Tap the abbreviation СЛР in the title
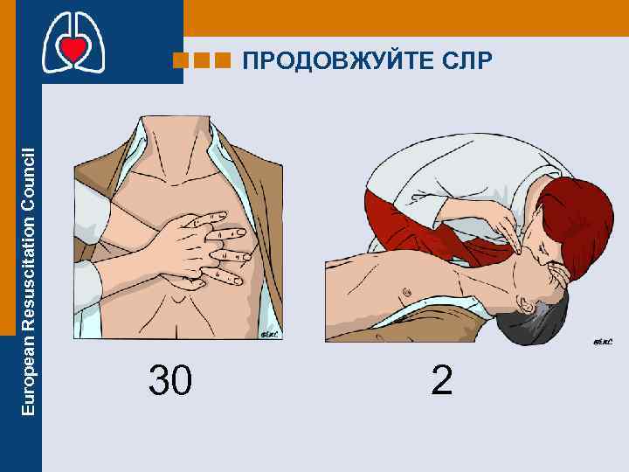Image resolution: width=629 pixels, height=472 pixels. (468, 61)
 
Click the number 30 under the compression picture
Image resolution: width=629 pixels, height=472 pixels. (170, 380)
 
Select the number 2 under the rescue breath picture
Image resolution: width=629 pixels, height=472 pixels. (442, 380)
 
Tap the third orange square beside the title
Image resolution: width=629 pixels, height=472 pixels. (222, 61)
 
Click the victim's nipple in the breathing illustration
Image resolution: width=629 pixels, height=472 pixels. (404, 290)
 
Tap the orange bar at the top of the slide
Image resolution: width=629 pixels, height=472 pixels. (402, 17)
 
